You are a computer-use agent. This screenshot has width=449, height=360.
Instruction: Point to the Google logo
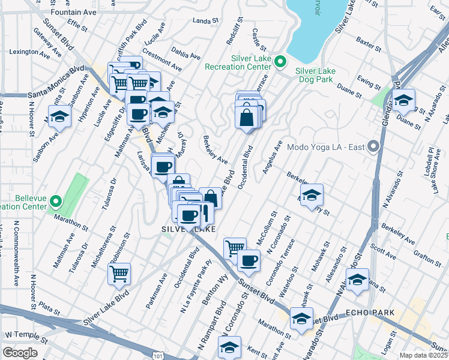[20, 353]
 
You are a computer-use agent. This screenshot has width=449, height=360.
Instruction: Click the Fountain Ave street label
[74, 12]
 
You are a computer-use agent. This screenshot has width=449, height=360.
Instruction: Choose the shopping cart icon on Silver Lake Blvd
[119, 273]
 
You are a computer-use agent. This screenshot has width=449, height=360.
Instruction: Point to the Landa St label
[205, 21]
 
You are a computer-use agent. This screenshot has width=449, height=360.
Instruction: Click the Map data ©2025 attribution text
[423, 355]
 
